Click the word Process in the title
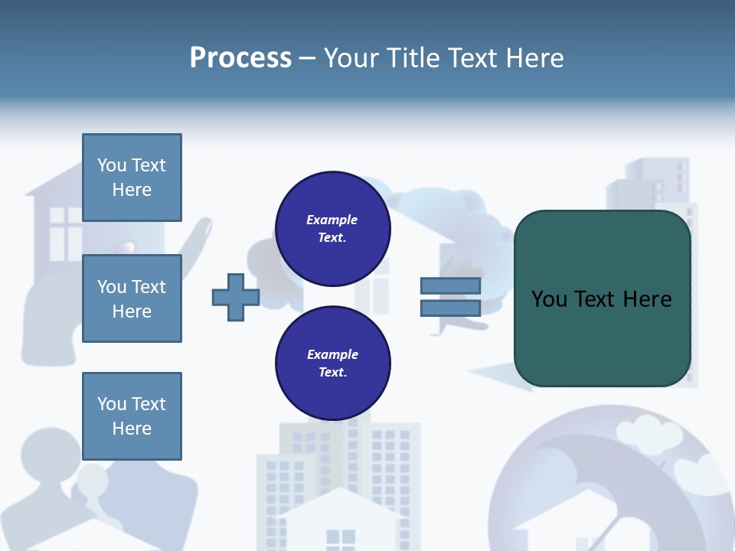pos(240,58)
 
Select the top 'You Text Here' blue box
pos(132,178)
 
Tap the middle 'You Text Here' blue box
pos(132,298)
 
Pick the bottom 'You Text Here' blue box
pos(132,416)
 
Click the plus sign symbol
pos(236,298)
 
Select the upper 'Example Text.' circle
pos(332,229)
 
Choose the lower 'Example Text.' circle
pos(332,364)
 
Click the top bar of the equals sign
pos(450,285)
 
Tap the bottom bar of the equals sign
pos(450,308)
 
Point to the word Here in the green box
pos(647,298)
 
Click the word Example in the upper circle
pos(332,220)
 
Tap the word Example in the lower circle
pos(332,354)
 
